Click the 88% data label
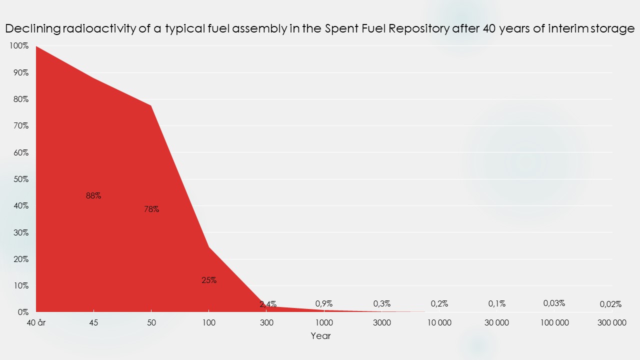93,196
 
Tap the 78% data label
151,209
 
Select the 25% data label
209,280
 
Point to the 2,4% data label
268,304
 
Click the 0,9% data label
324,303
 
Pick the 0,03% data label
554,303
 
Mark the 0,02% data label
610,304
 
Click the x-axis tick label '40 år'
36,322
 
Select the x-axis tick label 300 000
612,322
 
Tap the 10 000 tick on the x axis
439,322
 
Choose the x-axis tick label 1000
324,322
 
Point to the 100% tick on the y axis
19,46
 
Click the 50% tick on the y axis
20,179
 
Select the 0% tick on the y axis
22,312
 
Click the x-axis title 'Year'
320,336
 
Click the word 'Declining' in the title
32,28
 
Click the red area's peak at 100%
36,46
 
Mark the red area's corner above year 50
151,105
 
